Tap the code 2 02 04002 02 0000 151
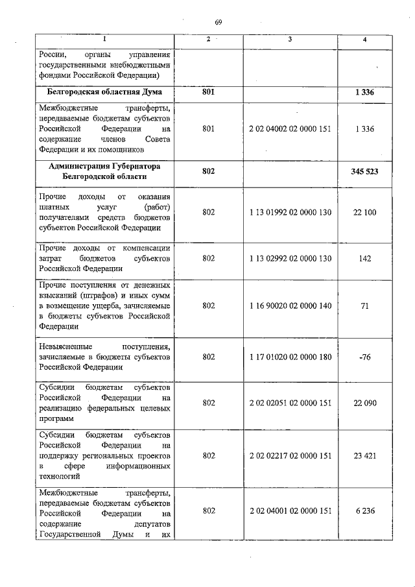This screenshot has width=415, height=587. (x=290, y=129)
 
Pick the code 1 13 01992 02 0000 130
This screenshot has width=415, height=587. (x=290, y=212)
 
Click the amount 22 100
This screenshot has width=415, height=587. (x=365, y=212)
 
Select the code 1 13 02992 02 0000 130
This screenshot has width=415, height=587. (x=290, y=258)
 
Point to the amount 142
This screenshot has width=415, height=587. (x=365, y=258)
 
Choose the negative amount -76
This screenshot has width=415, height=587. (x=365, y=357)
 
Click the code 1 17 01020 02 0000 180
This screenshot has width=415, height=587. (x=290, y=357)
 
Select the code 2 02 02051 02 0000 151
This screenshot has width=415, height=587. (x=290, y=403)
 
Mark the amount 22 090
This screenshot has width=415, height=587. (x=365, y=403)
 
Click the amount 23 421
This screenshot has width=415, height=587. (x=365, y=455)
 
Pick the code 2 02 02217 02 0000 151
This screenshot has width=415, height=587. (x=290, y=455)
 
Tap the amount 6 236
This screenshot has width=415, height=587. (x=365, y=511)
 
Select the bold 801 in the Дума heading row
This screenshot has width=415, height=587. (x=208, y=93)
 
